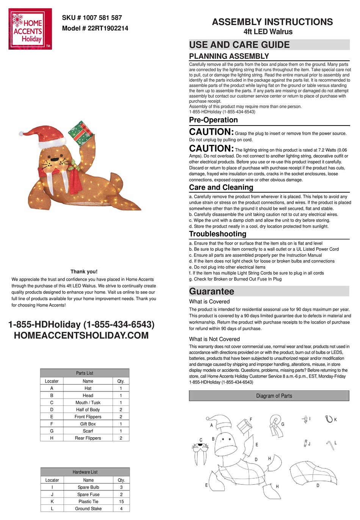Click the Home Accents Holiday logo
coord(30,29)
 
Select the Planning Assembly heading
coord(229,56)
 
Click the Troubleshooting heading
coord(218,234)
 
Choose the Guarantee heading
coord(211,291)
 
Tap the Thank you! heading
coord(84,272)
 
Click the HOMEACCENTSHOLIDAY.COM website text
coord(81,335)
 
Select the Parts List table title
coord(85,373)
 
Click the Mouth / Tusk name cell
coord(88,402)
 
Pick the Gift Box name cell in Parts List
coord(88,424)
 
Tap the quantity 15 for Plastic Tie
coord(121,501)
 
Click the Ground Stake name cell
coord(88,509)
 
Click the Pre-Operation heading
coord(213,120)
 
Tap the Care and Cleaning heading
coord(221,187)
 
